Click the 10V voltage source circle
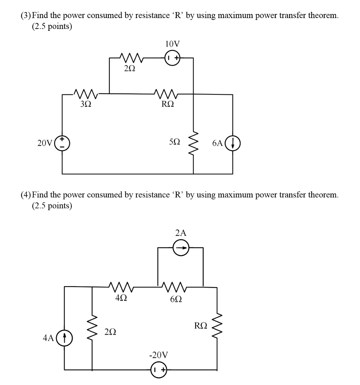(172, 58)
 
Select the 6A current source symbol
(232, 143)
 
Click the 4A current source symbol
(65, 337)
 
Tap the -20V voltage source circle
(159, 370)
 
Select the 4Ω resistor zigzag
(121, 288)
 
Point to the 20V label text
(45, 143)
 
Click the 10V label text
(172, 44)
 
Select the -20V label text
(158, 355)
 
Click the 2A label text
(181, 233)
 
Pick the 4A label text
(48, 338)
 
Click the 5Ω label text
(175, 143)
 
